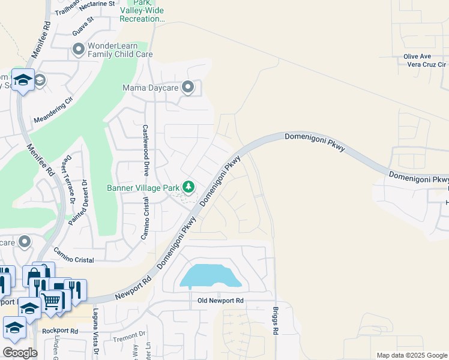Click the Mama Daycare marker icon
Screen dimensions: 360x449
(188, 88)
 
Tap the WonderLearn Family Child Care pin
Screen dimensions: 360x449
(78, 50)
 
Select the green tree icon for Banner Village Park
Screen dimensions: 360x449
(188, 188)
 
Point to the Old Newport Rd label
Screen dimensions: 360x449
(220, 300)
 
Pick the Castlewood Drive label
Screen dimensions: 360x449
(145, 149)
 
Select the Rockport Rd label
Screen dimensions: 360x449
(60, 331)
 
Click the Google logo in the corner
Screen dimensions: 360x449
(20, 353)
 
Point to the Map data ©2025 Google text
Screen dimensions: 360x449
(411, 355)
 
